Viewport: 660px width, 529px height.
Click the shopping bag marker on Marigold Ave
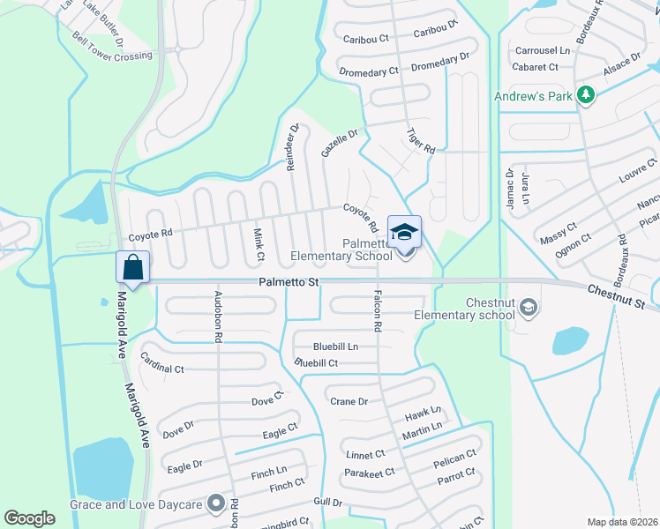pyautogui.click(x=132, y=267)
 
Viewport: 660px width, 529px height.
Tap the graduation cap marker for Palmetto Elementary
pyautogui.click(x=404, y=233)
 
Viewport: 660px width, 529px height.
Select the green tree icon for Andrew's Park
pyautogui.click(x=584, y=94)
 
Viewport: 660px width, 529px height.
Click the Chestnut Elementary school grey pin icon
pyautogui.click(x=529, y=307)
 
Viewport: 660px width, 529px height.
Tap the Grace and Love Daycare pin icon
pyautogui.click(x=215, y=504)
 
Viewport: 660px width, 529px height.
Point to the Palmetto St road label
pyautogui.click(x=289, y=282)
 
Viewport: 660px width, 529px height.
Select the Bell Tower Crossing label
pyautogui.click(x=112, y=56)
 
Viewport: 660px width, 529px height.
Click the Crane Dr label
pyautogui.click(x=349, y=401)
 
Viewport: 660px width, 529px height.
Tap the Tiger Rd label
pyautogui.click(x=421, y=141)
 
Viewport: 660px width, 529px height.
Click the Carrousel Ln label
pyautogui.click(x=542, y=51)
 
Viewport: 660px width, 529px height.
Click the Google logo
pyautogui.click(x=29, y=518)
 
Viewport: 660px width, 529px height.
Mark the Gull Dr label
pyautogui.click(x=326, y=503)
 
